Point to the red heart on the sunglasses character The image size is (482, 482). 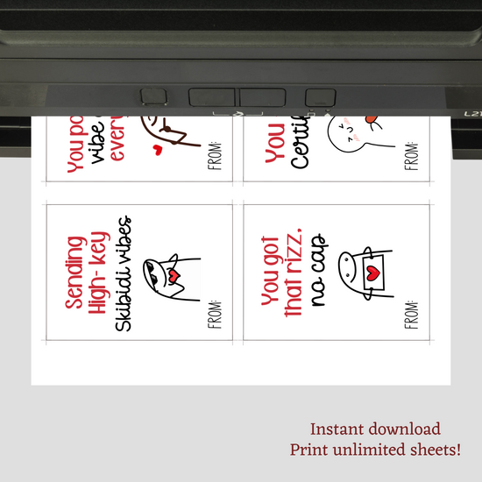point(174,277)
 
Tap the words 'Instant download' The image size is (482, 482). point(376,429)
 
